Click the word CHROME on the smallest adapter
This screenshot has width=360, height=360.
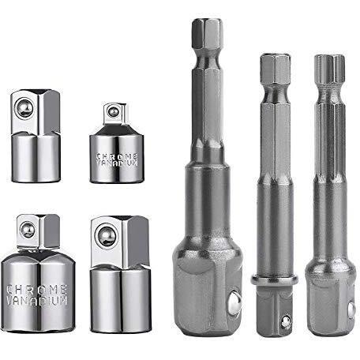[x=117, y=156]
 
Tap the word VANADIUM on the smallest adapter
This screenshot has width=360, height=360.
[x=117, y=163]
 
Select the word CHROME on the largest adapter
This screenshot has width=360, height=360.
[x=36, y=290]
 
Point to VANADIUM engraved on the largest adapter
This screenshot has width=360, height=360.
[x=36, y=301]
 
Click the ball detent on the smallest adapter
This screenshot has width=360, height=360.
[x=114, y=111]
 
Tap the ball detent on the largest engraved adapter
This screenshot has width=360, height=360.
[x=28, y=230]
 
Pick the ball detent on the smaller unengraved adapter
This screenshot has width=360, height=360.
[x=24, y=108]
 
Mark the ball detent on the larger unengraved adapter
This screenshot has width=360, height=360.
[x=106, y=235]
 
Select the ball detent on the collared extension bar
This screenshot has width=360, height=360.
[x=285, y=322]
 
